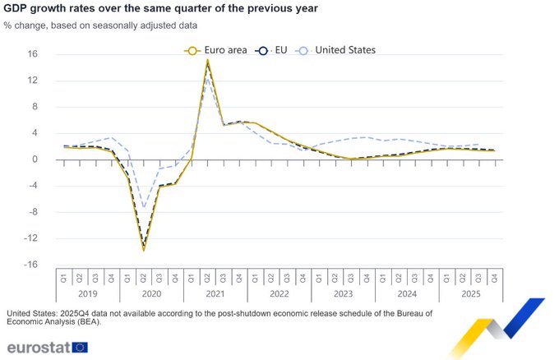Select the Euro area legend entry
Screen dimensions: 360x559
point(216,50)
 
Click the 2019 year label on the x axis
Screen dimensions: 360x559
point(87,293)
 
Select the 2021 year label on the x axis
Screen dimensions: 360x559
point(215,293)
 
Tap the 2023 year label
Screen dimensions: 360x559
point(343,293)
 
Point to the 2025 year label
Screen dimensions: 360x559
point(470,293)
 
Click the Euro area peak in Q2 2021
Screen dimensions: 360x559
point(207,60)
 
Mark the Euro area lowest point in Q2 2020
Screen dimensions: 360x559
point(144,249)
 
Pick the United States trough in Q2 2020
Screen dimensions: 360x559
point(144,207)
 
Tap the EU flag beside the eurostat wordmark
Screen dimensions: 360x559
point(80,347)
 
